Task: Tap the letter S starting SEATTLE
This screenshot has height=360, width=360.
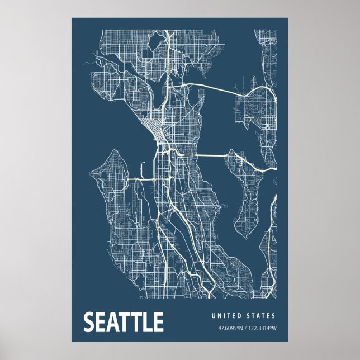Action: click(89, 323)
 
